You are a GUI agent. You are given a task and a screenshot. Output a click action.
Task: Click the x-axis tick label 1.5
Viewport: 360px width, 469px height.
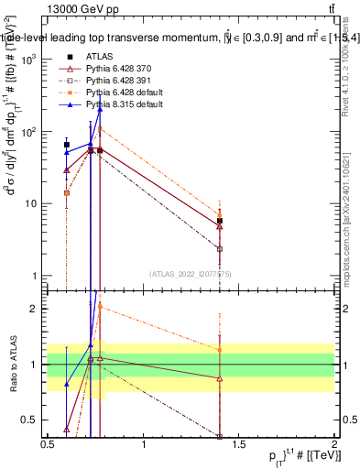coord(239,445)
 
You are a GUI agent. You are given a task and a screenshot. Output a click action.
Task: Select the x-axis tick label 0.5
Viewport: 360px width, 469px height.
coord(48,445)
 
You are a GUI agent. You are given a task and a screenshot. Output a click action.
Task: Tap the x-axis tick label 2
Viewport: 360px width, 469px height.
coord(334,445)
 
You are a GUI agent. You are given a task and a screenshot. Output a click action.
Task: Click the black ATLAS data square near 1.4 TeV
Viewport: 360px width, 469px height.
coord(220,222)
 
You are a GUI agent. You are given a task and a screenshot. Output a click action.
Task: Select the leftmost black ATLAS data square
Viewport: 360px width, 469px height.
coord(67,145)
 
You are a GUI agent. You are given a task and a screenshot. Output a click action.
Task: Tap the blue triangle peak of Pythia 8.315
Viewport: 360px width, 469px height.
coord(99,109)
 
